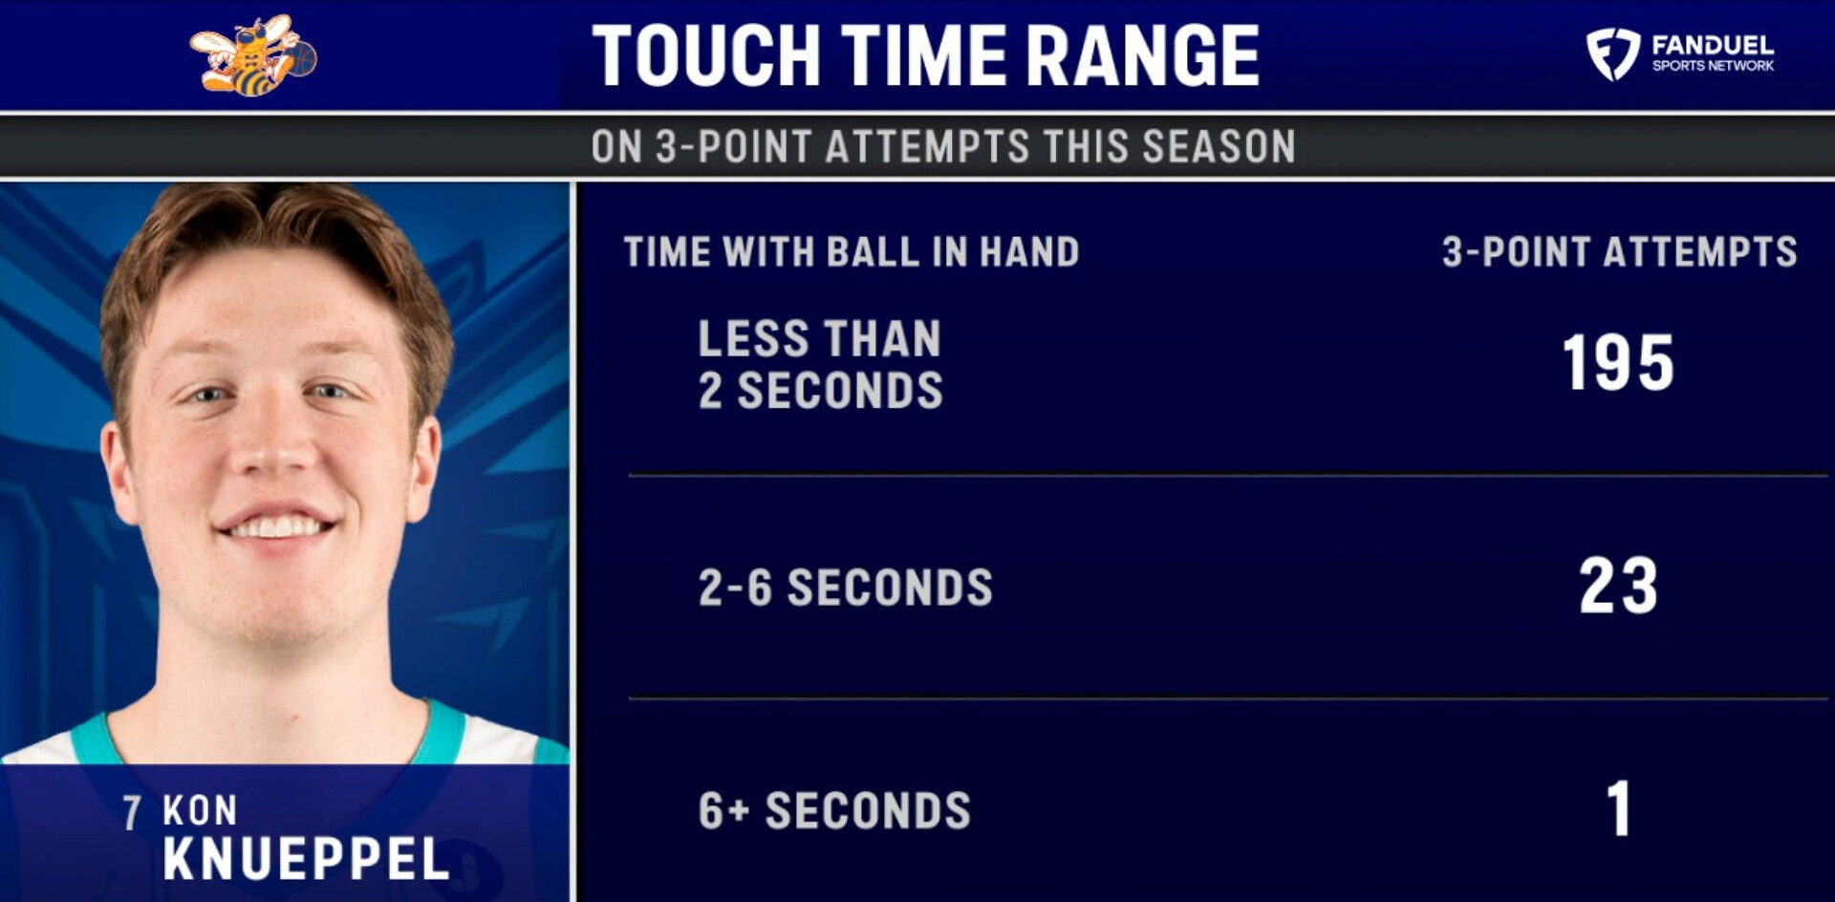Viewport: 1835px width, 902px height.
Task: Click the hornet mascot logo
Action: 252,55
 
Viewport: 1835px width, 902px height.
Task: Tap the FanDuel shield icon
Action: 1613,54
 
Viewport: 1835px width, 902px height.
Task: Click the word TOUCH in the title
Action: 706,55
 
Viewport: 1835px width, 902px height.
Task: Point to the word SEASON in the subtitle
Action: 1219,146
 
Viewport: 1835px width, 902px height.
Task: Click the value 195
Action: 1618,363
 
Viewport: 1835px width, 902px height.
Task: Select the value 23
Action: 1618,586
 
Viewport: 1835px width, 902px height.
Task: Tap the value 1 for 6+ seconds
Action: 1618,808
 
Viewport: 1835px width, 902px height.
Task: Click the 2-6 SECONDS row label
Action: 846,587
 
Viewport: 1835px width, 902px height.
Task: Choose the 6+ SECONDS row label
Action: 834,811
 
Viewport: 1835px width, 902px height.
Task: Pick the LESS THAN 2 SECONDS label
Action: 820,364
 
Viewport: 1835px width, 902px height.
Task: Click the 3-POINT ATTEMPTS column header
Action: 1620,252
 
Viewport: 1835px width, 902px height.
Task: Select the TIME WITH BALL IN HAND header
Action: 852,252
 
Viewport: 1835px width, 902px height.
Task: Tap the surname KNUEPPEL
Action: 306,859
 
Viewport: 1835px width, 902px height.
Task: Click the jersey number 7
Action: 132,812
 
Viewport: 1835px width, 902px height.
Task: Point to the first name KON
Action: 200,810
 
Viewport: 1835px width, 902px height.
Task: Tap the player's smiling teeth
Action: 276,526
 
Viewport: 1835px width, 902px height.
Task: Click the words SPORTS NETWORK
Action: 1713,66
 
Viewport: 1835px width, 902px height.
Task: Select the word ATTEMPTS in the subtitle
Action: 927,146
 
